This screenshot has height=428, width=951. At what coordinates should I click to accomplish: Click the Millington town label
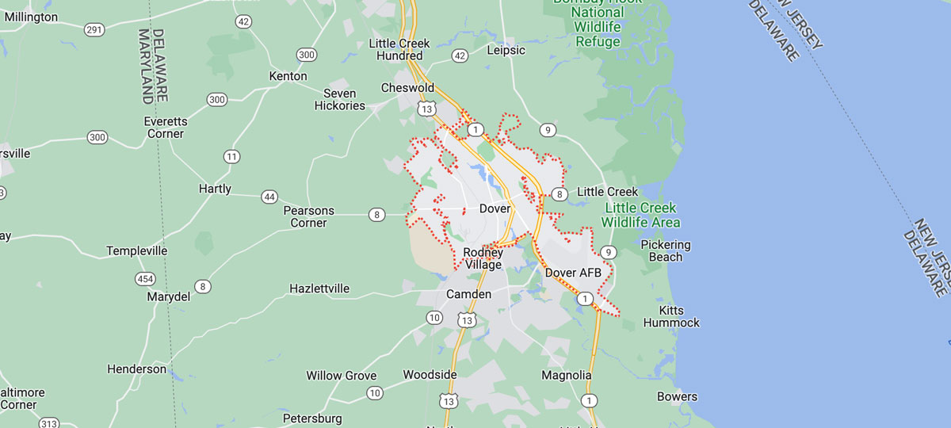(30, 17)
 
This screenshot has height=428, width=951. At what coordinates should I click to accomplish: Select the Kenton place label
(288, 76)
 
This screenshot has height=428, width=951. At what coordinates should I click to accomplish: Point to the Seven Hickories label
(340, 99)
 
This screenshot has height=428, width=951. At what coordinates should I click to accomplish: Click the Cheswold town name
(407, 87)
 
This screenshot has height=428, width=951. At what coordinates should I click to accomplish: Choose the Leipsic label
(506, 50)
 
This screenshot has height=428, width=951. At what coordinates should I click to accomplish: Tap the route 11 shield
(231, 156)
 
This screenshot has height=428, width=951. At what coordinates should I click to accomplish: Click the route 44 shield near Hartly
(269, 197)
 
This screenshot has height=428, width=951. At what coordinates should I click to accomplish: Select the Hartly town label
(215, 189)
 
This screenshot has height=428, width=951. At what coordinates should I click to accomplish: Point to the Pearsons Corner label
(309, 216)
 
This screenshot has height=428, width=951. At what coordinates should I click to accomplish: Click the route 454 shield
(145, 278)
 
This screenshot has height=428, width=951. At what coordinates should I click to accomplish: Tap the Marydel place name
(169, 296)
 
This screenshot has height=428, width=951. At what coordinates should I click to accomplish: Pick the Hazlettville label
(319, 289)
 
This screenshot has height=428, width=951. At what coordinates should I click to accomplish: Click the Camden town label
(469, 294)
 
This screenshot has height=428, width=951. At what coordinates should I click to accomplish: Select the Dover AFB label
(574, 273)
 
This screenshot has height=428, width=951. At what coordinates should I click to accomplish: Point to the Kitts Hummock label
(671, 316)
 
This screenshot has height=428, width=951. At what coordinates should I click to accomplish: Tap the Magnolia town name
(567, 375)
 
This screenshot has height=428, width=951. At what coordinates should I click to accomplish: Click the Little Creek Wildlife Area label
(642, 215)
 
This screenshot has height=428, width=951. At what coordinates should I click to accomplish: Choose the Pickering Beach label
(666, 250)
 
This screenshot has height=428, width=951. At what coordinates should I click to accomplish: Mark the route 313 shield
(49, 423)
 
